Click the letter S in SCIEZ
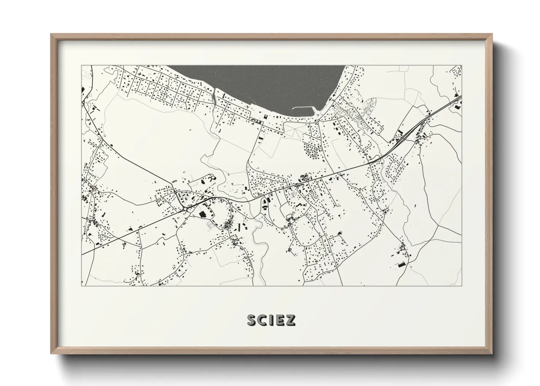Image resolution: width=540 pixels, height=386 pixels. click(252, 320)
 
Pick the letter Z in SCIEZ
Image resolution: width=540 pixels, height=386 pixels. click(291, 320)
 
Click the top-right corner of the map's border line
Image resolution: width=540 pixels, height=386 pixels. click(462, 66)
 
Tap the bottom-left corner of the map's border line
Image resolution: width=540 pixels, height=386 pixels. click(81, 286)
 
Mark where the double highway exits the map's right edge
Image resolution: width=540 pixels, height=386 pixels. click(461, 96)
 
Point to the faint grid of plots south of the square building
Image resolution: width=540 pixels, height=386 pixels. click(210, 225)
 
